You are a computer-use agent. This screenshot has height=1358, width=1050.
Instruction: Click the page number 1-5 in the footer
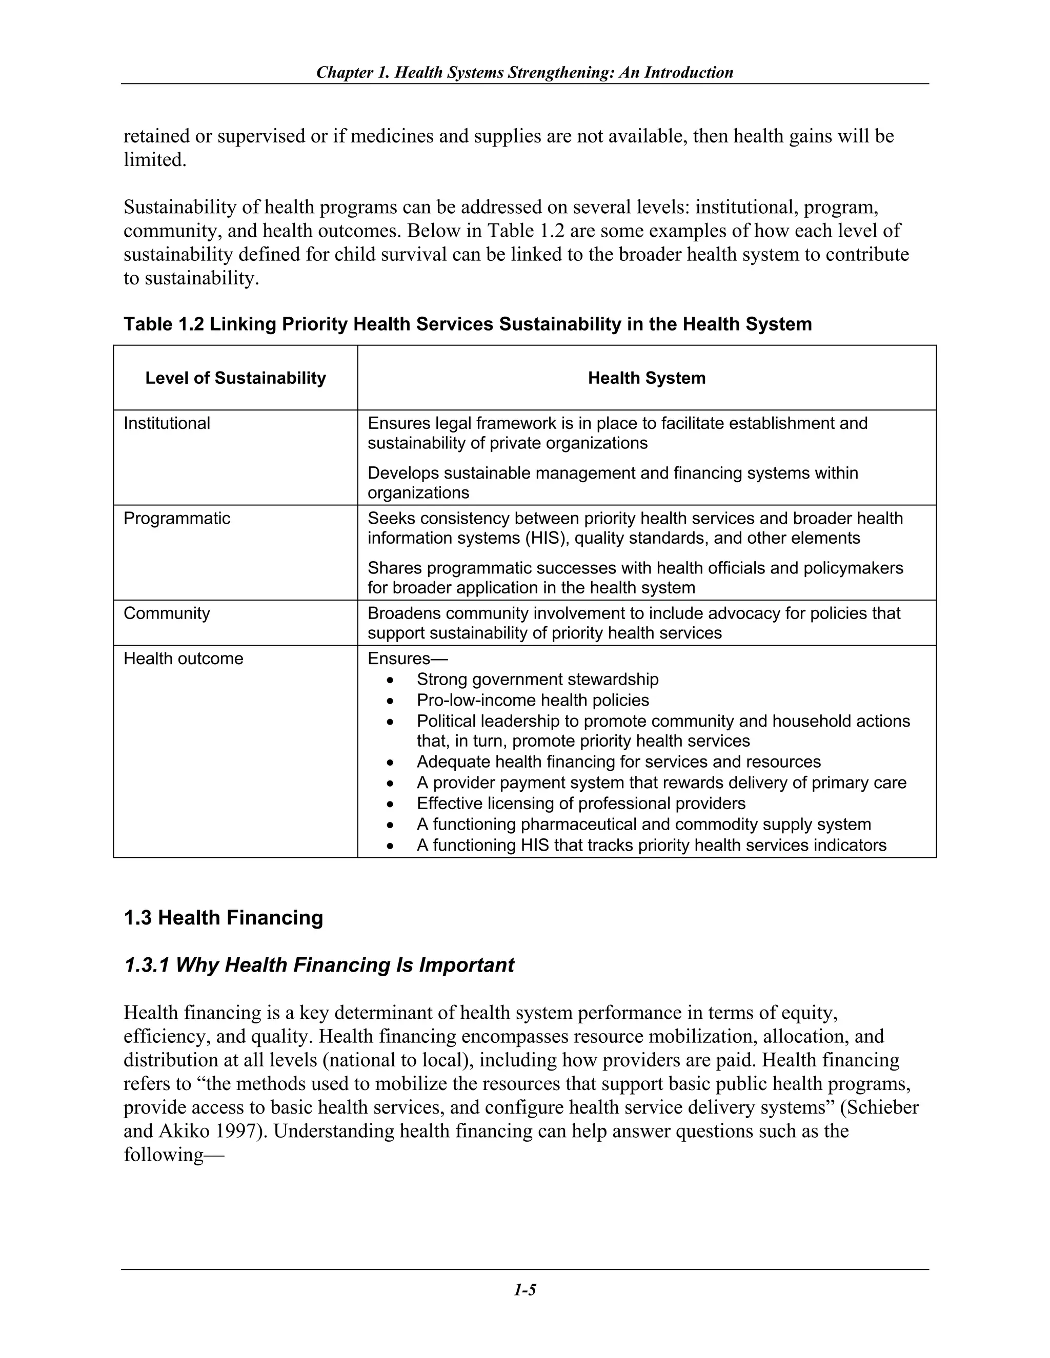tap(524, 1290)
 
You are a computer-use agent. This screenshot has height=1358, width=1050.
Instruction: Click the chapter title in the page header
tap(524, 73)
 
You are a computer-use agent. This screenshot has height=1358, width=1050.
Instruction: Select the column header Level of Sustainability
tap(235, 378)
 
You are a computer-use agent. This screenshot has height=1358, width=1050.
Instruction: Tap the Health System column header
tap(647, 378)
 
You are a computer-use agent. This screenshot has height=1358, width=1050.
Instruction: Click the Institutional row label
tap(167, 423)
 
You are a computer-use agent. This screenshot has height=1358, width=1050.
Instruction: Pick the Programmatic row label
tap(177, 519)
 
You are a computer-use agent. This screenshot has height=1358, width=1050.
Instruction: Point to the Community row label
tap(167, 614)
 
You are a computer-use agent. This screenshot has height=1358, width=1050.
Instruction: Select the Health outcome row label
tap(184, 659)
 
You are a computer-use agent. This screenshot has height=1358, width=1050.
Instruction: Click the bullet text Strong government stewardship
tap(537, 680)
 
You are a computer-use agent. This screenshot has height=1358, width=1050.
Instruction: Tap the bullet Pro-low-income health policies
tap(533, 701)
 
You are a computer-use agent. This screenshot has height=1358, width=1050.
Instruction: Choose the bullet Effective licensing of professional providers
tap(581, 804)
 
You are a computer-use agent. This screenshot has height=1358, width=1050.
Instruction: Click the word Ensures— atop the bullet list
tap(408, 659)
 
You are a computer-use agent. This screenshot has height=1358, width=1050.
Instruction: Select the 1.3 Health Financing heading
tap(224, 918)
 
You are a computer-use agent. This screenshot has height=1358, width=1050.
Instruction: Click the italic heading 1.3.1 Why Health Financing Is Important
tap(319, 965)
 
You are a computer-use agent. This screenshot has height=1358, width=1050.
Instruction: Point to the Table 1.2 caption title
tap(467, 324)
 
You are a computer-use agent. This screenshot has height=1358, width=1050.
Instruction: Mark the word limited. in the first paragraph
tap(155, 160)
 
